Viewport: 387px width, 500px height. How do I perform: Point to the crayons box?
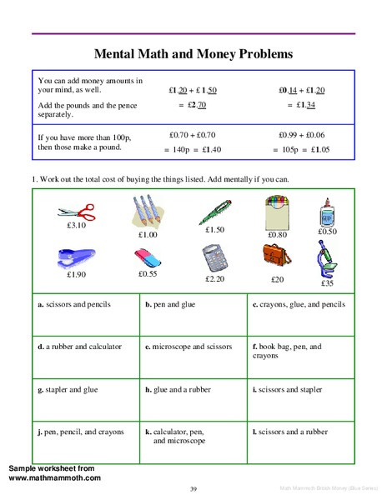(277, 212)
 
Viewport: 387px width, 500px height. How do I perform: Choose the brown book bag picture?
(277, 259)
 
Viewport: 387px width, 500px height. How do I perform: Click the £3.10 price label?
(76, 225)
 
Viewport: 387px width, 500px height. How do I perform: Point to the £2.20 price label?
(214, 278)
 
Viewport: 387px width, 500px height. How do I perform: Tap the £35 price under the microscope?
(327, 283)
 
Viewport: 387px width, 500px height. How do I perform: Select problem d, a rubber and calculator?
(80, 347)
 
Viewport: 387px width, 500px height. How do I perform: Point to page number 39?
(193, 488)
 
